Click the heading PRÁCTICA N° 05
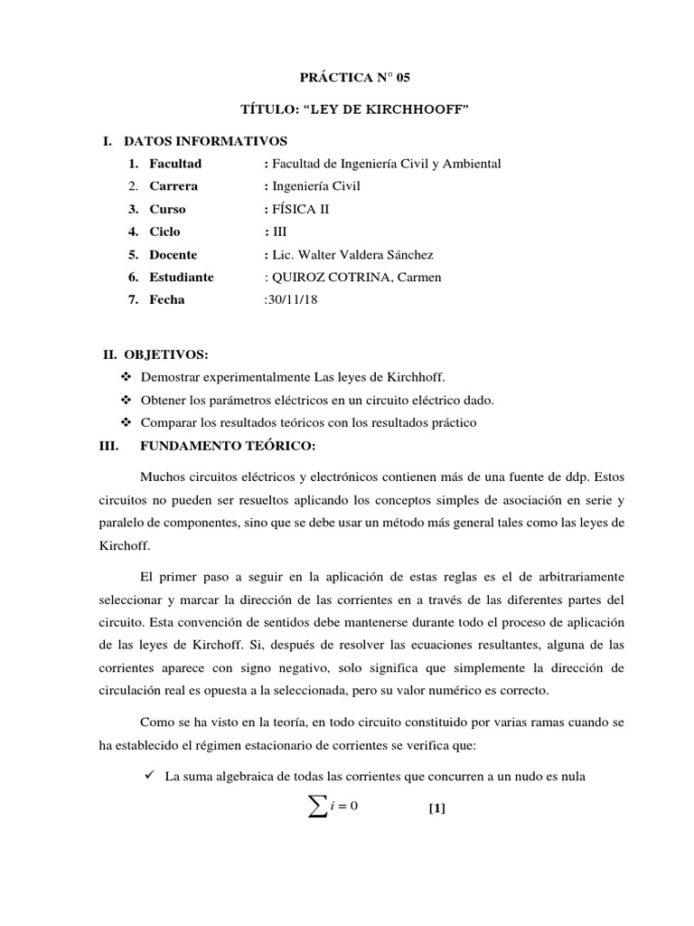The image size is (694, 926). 346,79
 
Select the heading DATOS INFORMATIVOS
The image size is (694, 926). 205,141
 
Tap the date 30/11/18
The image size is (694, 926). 287,299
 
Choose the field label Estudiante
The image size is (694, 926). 182,277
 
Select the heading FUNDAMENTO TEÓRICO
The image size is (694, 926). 227,446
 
